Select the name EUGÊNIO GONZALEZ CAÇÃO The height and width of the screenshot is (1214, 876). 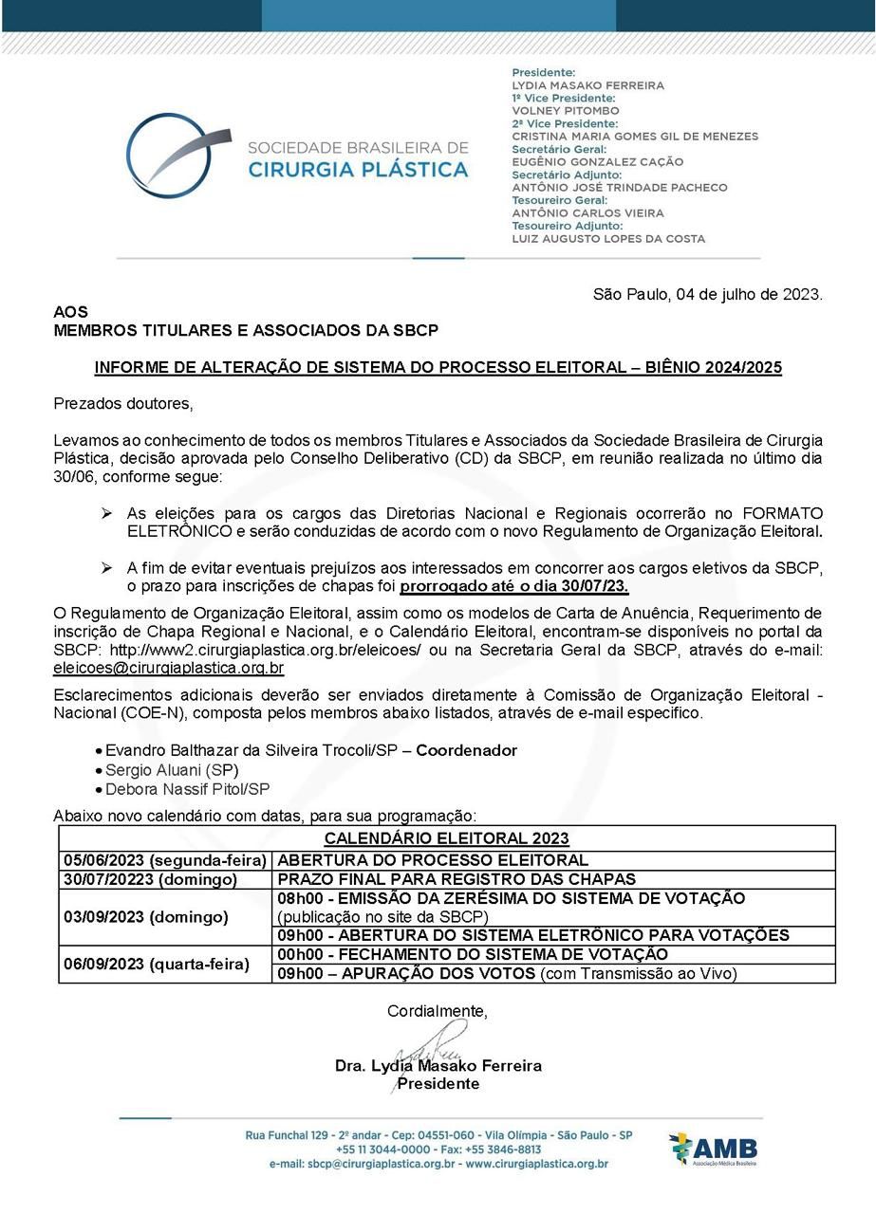(x=597, y=162)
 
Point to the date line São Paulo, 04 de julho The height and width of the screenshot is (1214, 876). (x=707, y=295)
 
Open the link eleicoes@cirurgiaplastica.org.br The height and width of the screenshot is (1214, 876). (x=169, y=667)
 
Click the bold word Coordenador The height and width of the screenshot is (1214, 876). (x=466, y=750)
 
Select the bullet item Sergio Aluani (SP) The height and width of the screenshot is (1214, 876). (x=172, y=769)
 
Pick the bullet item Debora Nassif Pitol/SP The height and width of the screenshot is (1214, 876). (x=187, y=789)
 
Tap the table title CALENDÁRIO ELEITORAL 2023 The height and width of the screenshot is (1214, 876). (x=446, y=838)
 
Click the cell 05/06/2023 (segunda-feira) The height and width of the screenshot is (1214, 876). (x=164, y=860)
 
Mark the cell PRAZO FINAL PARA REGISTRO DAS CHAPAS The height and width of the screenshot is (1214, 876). (x=457, y=879)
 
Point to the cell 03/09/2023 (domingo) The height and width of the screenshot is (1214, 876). (x=146, y=916)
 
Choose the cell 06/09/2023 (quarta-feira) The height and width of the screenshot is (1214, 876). (x=157, y=964)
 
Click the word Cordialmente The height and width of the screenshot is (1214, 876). (x=437, y=1011)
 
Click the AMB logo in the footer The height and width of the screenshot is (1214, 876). (x=714, y=1150)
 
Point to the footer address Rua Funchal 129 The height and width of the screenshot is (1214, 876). (x=438, y=1135)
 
